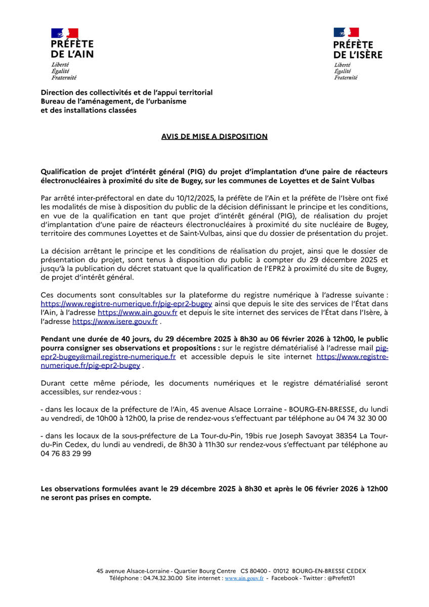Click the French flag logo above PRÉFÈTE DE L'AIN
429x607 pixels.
[65, 33]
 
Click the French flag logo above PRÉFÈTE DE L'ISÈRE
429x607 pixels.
[347, 33]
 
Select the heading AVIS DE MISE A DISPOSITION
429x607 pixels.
[214, 137]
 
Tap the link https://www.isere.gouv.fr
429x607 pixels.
[115, 321]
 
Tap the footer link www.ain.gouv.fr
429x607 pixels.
[244, 578]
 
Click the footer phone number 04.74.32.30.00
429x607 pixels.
[163, 578]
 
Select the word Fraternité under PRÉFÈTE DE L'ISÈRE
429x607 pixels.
[346, 77]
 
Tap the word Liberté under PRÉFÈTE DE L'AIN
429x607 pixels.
[60, 65]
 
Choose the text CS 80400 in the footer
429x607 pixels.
[255, 571]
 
